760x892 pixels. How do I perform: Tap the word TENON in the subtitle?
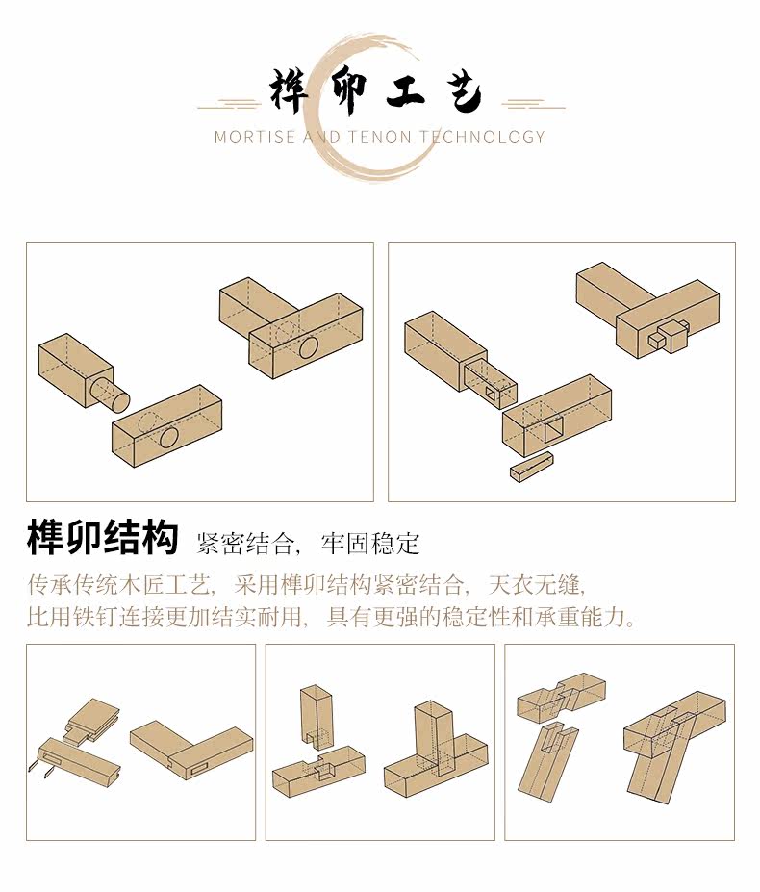[385, 137]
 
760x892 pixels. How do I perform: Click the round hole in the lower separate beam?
[168, 437]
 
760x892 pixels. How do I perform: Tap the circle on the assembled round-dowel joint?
[309, 346]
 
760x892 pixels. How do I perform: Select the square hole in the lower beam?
[555, 430]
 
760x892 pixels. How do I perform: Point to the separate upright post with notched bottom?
[316, 713]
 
